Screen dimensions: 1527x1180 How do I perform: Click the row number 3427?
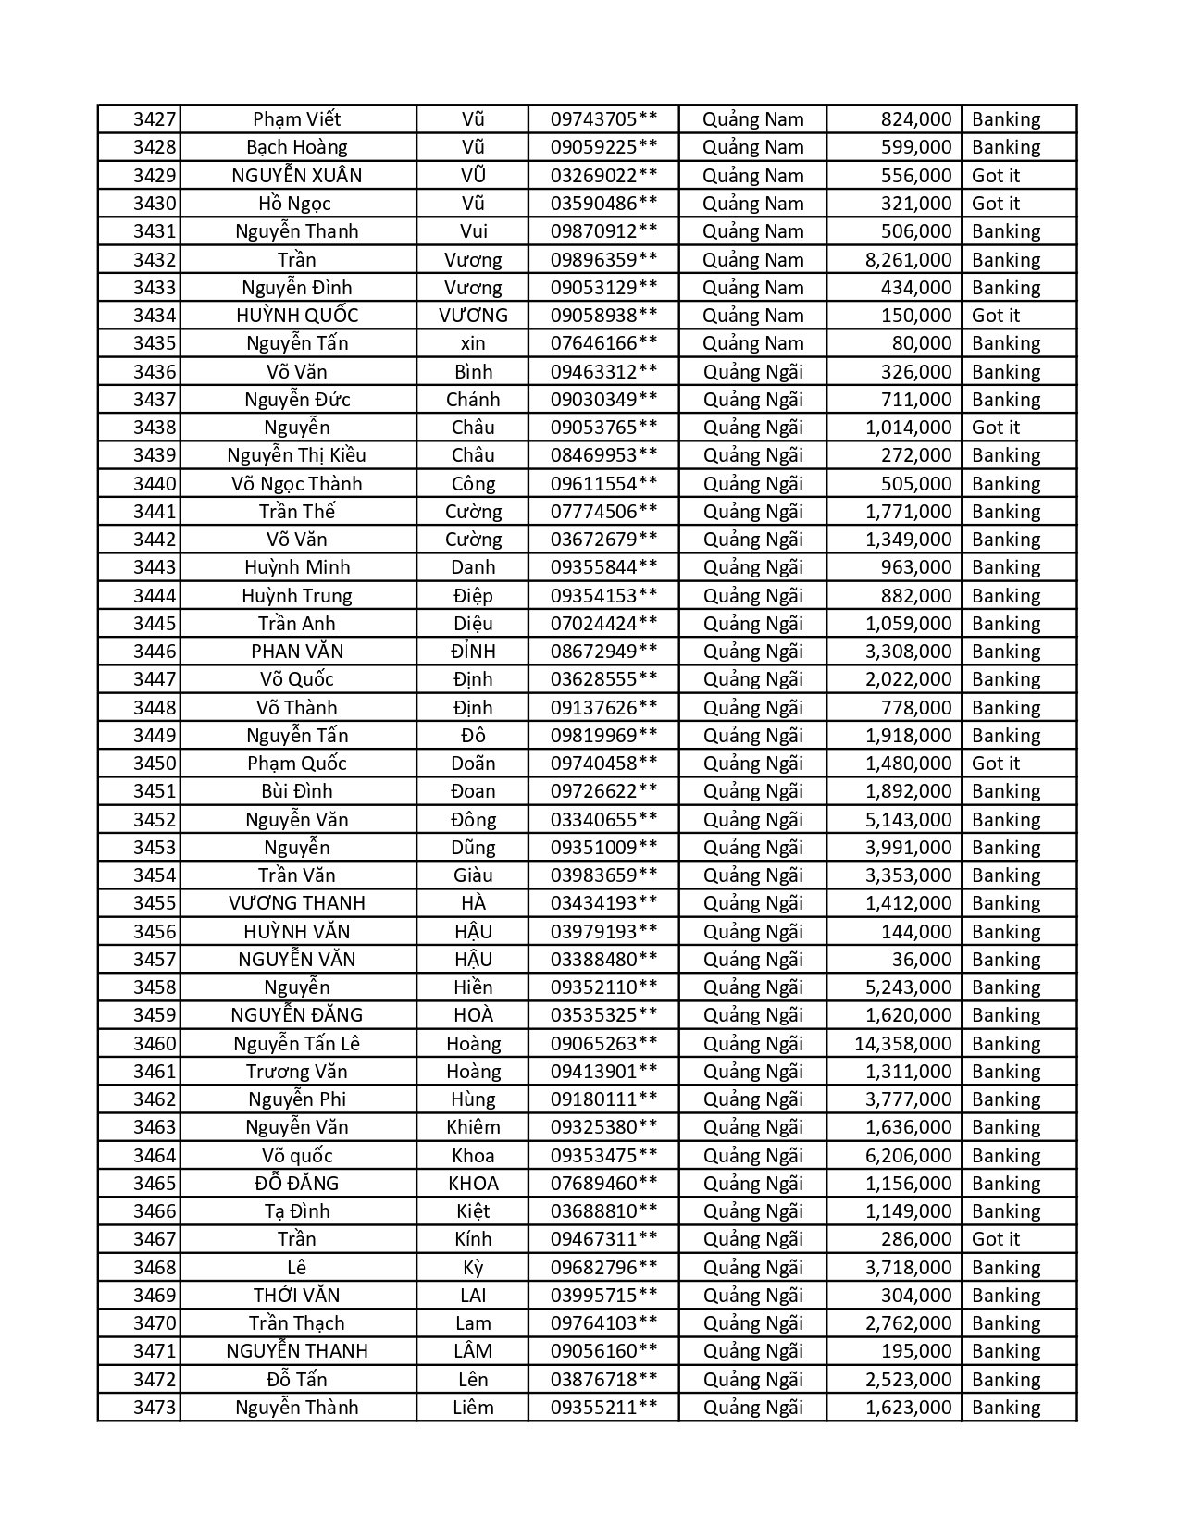coord(154,119)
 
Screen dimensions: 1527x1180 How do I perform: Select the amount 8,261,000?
coord(908,260)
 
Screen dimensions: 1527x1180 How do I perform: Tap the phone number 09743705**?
coord(603,119)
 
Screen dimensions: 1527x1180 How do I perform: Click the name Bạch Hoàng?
coord(297,147)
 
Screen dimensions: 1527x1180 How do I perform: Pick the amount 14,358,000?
coord(902,1044)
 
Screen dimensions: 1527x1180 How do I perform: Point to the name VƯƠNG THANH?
coord(297,903)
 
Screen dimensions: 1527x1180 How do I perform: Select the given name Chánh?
coord(473,400)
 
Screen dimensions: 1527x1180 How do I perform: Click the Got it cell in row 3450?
coord(996,763)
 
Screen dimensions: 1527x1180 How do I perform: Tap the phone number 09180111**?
coord(603,1099)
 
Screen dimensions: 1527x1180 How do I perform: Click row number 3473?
coord(154,1408)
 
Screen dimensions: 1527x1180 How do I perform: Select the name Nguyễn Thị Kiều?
coord(297,455)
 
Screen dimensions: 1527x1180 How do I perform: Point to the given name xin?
coord(473,343)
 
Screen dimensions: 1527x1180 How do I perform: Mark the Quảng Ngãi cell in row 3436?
coord(752,372)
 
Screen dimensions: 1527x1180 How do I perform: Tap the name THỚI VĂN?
coord(297,1296)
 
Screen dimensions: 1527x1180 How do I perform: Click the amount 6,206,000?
coord(908,1156)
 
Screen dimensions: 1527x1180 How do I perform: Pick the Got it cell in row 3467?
coord(996,1239)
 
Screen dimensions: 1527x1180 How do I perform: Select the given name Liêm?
coord(473,1408)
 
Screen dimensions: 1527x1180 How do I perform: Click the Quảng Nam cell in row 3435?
coord(752,343)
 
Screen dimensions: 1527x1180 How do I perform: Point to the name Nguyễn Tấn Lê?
coord(297,1044)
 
